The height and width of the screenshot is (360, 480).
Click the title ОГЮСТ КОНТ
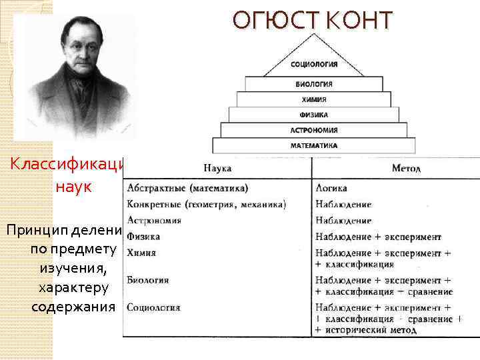[x=313, y=21]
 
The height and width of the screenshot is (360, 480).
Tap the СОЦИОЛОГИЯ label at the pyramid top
[x=314, y=65]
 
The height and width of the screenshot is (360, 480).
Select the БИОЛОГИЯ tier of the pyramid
[x=314, y=85]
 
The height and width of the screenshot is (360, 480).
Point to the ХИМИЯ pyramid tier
[x=314, y=99]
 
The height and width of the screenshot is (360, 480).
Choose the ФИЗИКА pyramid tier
[x=314, y=115]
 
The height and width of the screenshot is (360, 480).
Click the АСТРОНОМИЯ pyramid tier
[x=314, y=130]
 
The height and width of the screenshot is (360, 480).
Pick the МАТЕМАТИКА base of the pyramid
[x=314, y=145]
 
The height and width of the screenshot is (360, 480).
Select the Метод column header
[x=406, y=169]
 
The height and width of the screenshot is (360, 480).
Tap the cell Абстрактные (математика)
[x=187, y=189]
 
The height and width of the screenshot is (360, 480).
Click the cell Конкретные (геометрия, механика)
[x=206, y=204]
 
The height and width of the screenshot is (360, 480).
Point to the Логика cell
[x=331, y=189]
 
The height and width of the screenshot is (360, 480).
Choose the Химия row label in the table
[x=141, y=252]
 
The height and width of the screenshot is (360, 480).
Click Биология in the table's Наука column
[x=147, y=280]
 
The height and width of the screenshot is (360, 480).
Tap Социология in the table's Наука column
[x=153, y=308]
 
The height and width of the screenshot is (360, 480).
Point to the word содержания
[x=73, y=307]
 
